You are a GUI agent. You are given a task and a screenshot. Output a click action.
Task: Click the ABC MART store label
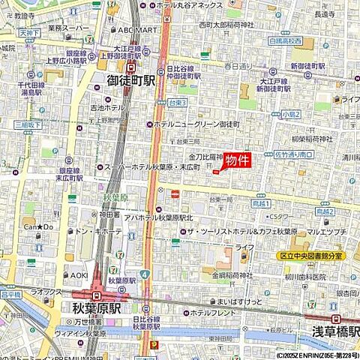click(x=136, y=30)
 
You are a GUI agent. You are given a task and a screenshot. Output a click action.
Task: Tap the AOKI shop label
click(x=79, y=275)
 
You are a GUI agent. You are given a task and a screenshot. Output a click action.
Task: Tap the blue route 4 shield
click(x=142, y=275)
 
